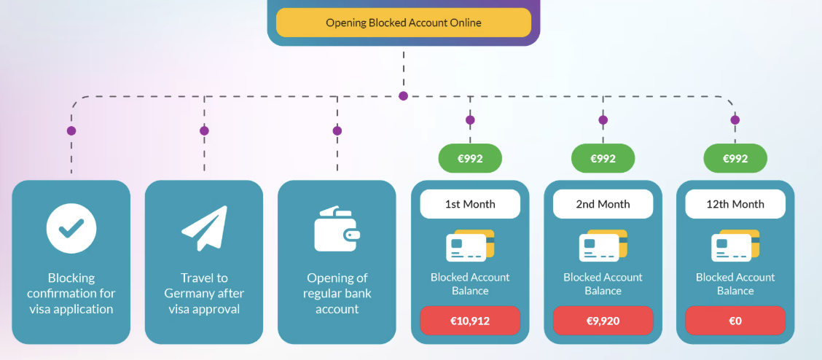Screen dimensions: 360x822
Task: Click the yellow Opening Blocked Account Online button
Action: click(x=403, y=23)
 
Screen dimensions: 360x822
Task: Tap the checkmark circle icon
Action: click(x=71, y=228)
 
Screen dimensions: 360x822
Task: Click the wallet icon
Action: click(x=337, y=229)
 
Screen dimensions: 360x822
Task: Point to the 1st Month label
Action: click(x=470, y=204)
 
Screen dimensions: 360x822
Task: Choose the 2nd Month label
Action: click(x=603, y=204)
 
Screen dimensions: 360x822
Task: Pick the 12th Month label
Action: click(x=735, y=204)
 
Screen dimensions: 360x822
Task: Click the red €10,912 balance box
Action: click(x=470, y=321)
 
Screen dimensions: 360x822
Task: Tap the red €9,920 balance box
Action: click(x=603, y=321)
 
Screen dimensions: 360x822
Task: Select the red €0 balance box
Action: click(x=735, y=321)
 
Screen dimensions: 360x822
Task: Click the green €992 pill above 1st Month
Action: click(x=470, y=158)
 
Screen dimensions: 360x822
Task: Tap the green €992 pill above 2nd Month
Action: click(x=603, y=158)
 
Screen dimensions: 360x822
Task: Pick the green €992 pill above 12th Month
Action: click(x=735, y=158)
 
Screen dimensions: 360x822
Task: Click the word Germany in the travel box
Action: click(x=195, y=293)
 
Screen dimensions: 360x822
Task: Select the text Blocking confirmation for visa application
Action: click(x=71, y=293)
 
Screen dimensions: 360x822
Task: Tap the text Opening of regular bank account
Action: click(x=337, y=293)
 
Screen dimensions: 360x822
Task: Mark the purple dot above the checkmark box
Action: click(x=71, y=131)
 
